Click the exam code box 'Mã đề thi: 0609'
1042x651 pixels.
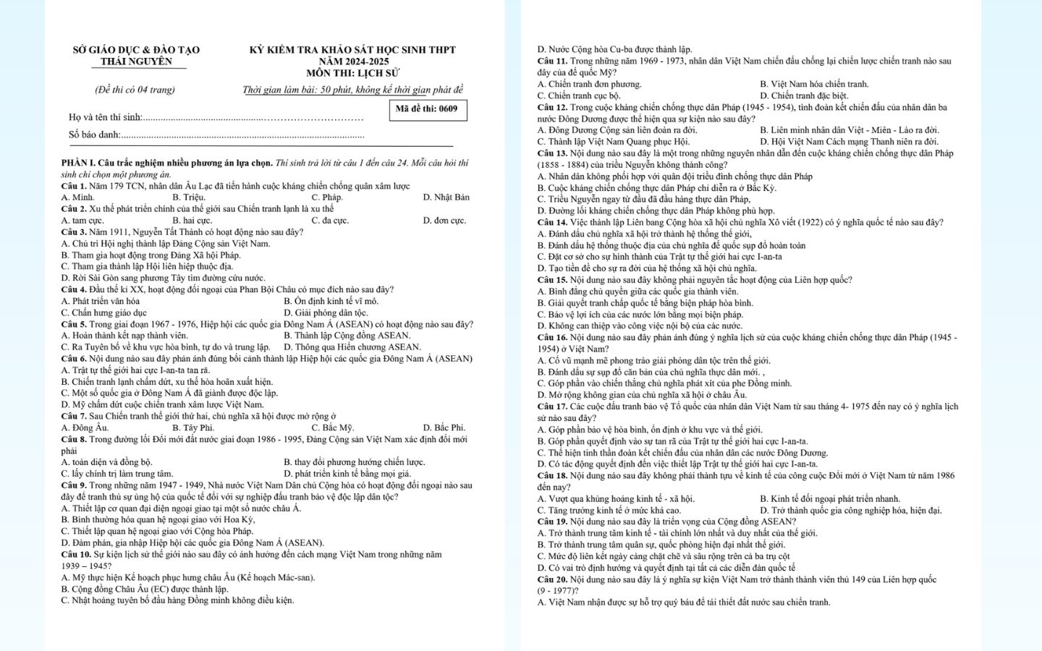point(427,109)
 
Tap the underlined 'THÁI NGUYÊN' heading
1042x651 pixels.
point(136,61)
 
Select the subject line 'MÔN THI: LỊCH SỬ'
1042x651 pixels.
point(352,73)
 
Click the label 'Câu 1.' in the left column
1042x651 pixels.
point(74,186)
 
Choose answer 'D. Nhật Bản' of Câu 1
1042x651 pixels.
point(446,197)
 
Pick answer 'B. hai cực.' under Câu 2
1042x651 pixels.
point(192,221)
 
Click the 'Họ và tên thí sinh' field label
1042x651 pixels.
point(106,117)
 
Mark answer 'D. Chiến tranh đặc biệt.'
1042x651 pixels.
point(804,95)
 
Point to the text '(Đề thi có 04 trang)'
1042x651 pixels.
point(135,90)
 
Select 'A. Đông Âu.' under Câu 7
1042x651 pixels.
point(85,427)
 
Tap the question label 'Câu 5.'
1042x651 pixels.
point(74,324)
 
